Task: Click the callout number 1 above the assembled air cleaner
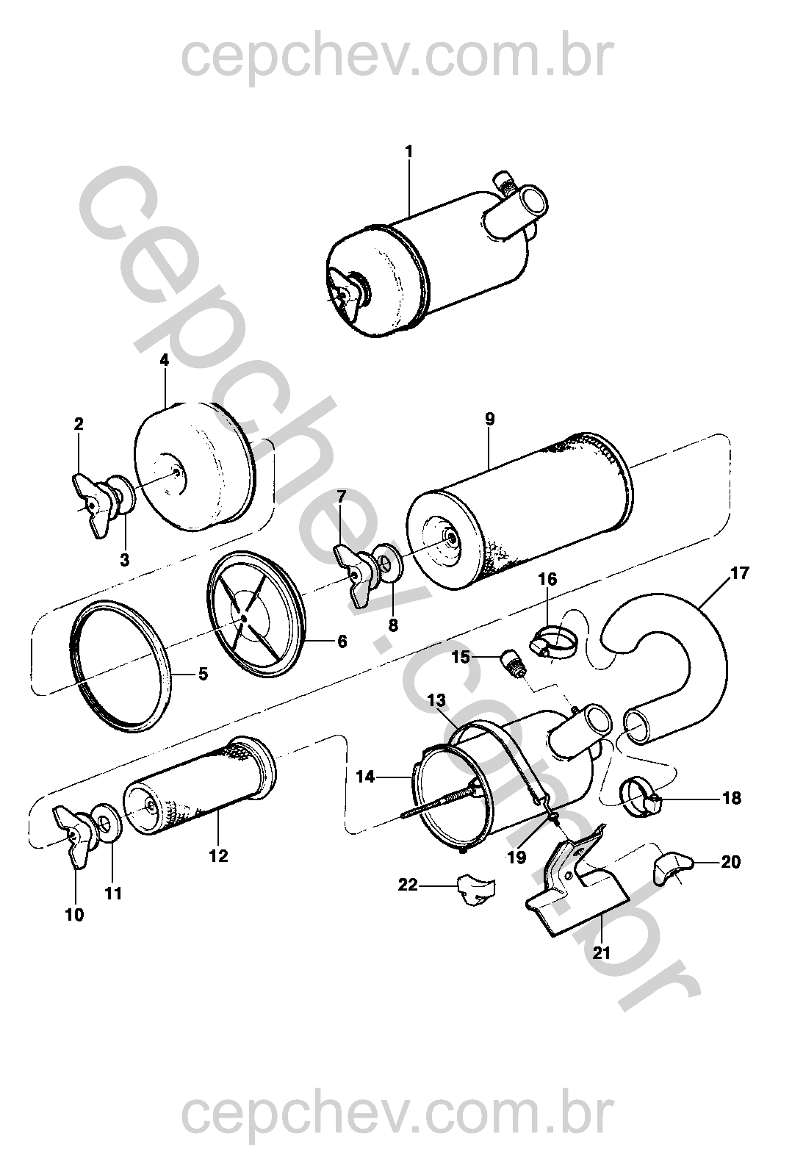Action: click(409, 152)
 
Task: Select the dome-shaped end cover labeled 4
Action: click(195, 468)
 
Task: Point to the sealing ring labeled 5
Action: click(117, 666)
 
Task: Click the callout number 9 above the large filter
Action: click(490, 418)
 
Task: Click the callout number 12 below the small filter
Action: click(218, 856)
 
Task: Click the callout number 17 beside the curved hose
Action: click(739, 573)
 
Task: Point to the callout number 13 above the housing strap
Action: click(436, 700)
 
